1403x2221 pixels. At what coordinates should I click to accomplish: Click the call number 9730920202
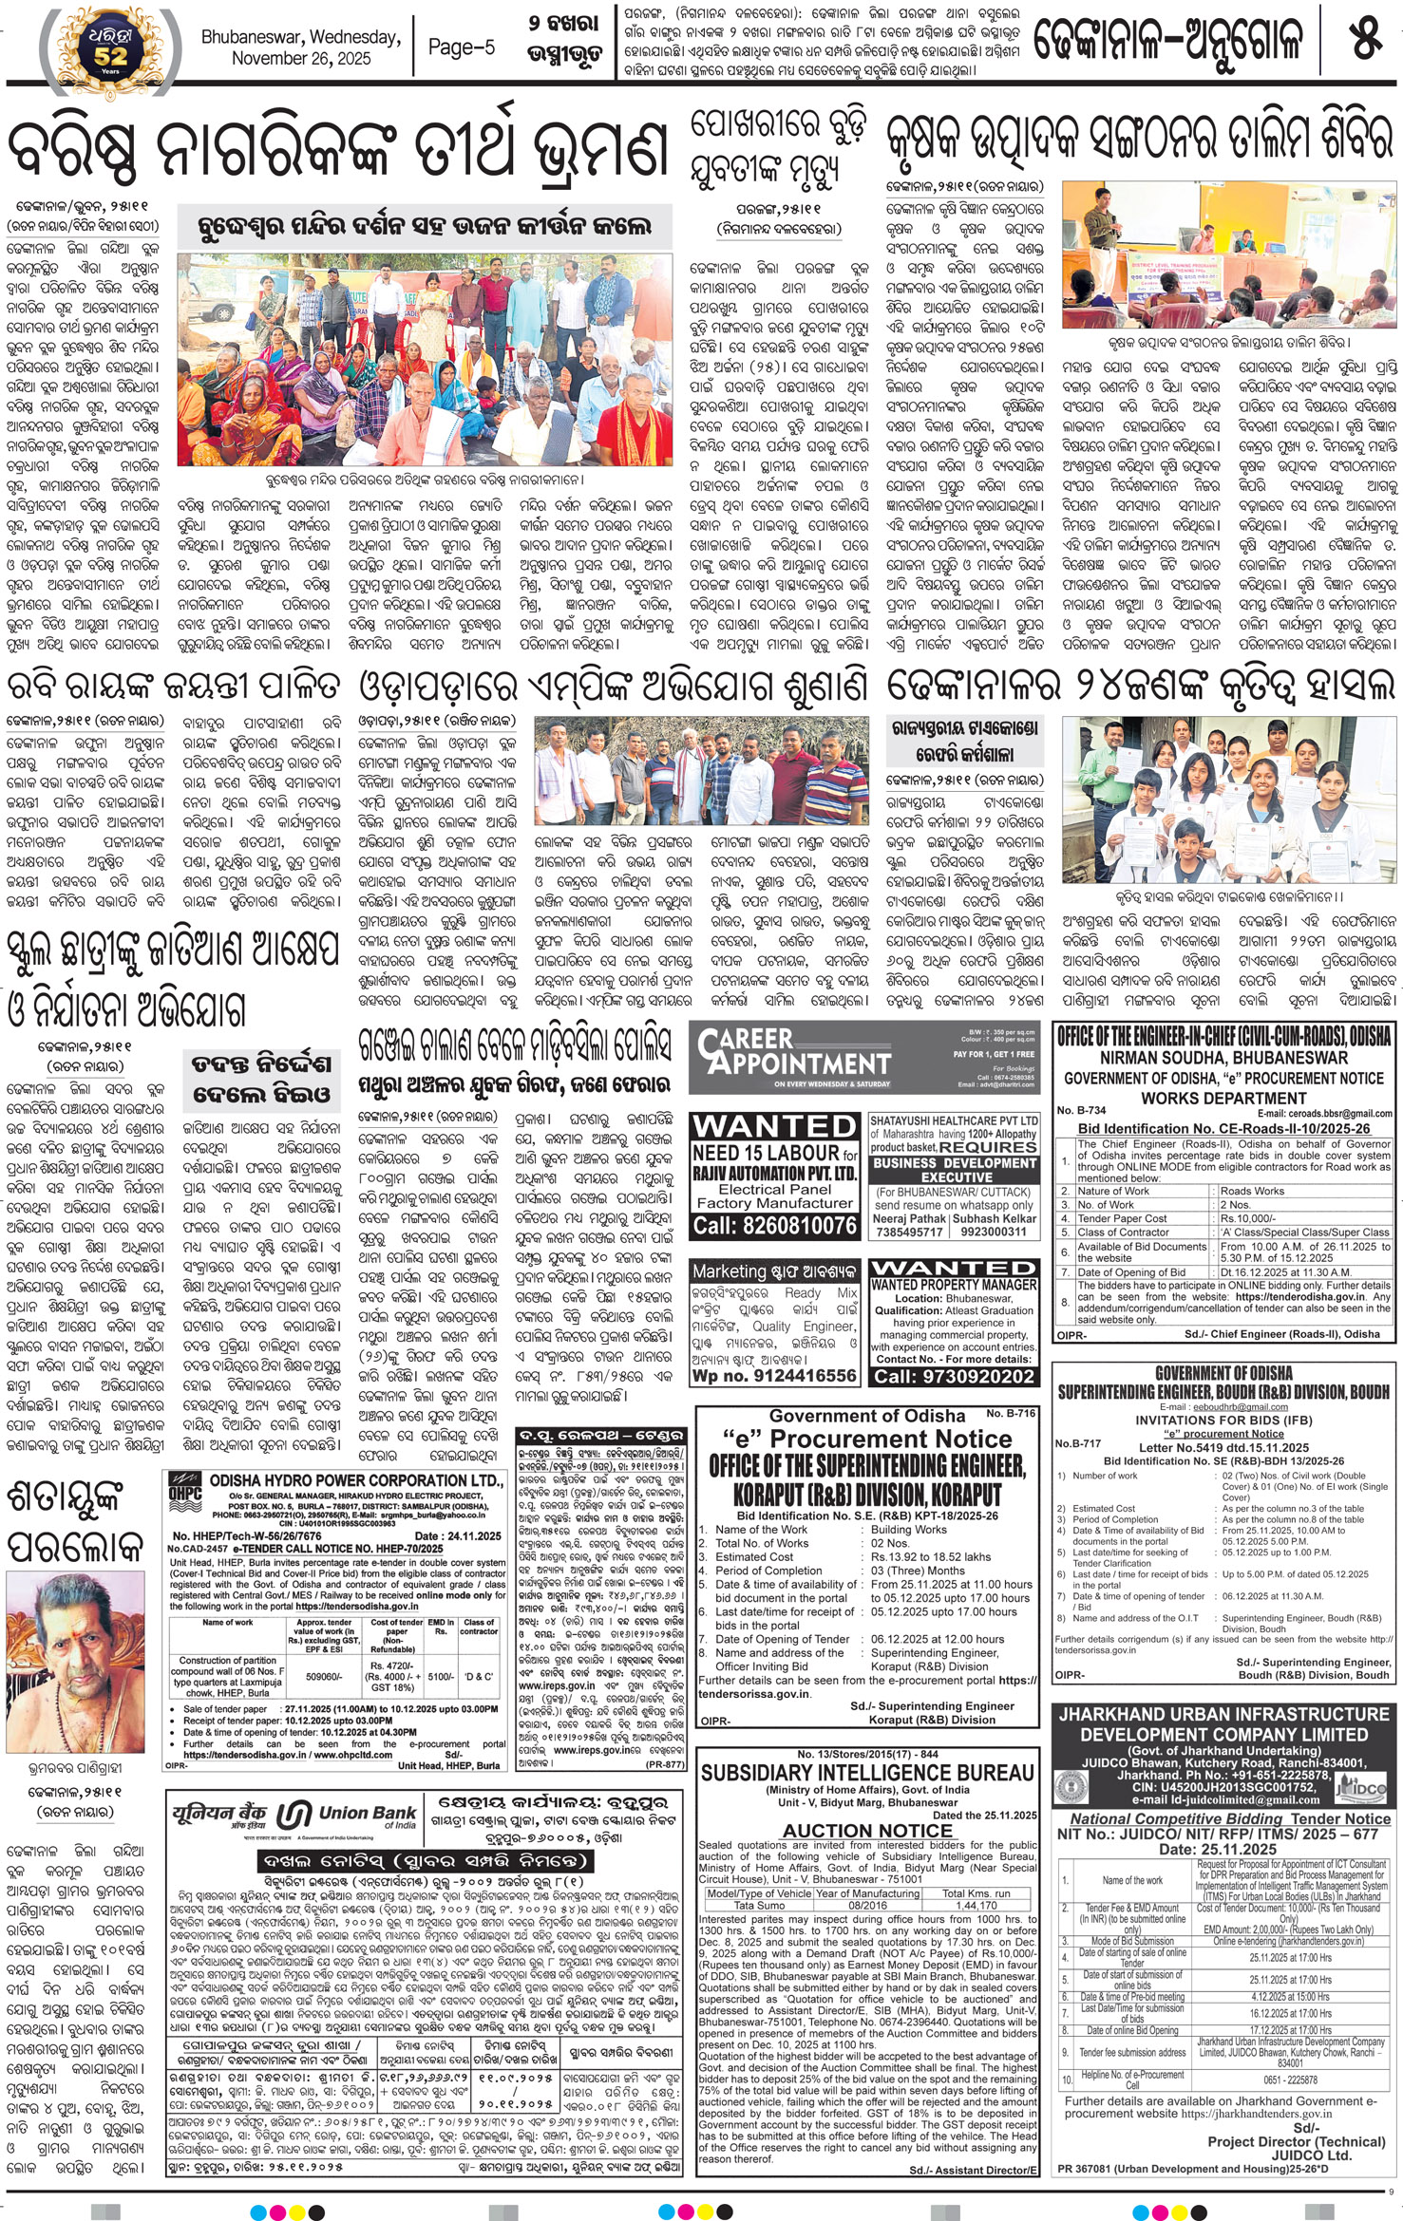point(954,1376)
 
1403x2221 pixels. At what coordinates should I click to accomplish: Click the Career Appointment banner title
point(793,1052)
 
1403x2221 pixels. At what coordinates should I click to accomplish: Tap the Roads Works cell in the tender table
point(1252,1190)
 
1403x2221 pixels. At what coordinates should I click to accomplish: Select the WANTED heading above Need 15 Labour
point(774,1127)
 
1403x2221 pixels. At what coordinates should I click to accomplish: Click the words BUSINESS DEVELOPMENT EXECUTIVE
point(954,1169)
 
